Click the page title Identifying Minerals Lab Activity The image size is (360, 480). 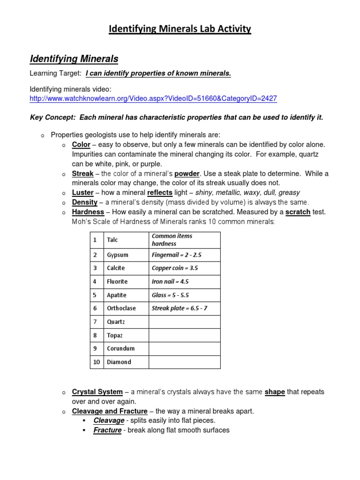[180, 29]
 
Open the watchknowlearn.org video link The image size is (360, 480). [153, 98]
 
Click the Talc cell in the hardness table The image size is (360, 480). [112, 240]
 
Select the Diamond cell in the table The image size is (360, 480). [119, 362]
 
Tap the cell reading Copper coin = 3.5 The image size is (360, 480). [175, 269]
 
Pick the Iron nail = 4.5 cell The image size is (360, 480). [170, 282]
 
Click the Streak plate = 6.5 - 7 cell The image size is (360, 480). [180, 308]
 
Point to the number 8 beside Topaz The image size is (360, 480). [95, 335]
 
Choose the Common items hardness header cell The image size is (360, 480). [172, 240]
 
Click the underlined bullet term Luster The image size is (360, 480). [82, 193]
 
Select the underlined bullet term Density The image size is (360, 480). [84, 202]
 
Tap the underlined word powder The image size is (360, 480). [187, 173]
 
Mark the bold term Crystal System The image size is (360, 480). [97, 392]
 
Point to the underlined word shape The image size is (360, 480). [275, 392]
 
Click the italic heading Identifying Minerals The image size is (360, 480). [74, 59]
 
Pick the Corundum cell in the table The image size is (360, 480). [120, 348]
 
